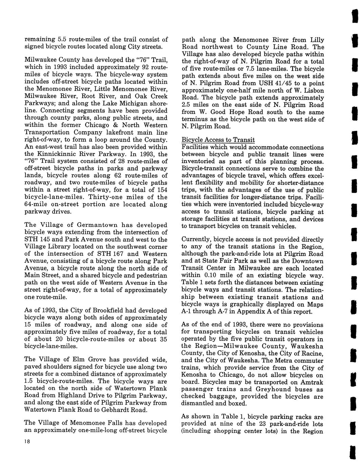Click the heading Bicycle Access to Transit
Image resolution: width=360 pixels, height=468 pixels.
(218, 140)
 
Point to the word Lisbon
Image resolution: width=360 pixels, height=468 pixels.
(314, 91)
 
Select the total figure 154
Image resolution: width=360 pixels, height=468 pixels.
(161, 190)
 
